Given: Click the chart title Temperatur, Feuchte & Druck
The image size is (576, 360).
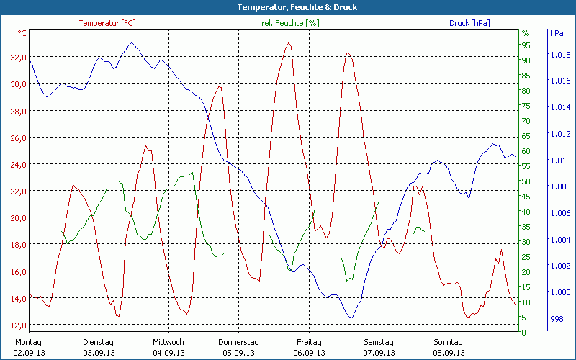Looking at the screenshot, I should pyautogui.click(x=287, y=7).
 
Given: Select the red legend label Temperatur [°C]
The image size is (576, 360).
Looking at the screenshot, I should pyautogui.click(x=107, y=23).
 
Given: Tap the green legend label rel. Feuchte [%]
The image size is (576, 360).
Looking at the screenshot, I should pyautogui.click(x=289, y=23).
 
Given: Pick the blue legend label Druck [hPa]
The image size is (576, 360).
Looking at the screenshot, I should pyautogui.click(x=469, y=23).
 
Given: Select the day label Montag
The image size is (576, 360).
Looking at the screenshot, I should pyautogui.click(x=28, y=342).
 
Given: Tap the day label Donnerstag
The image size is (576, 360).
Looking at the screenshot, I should pyautogui.click(x=238, y=342).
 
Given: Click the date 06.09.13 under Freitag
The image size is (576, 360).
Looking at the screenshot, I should pyautogui.click(x=308, y=353).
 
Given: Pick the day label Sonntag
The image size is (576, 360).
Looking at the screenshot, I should pyautogui.click(x=448, y=342).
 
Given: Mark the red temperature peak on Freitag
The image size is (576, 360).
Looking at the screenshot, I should pyautogui.click(x=289, y=43).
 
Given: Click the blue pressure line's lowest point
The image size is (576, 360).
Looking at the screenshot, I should pyautogui.click(x=351, y=318).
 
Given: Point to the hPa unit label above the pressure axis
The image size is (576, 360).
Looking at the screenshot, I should pyautogui.click(x=557, y=33).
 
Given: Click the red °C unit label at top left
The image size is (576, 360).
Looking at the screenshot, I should pyautogui.click(x=22, y=33).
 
